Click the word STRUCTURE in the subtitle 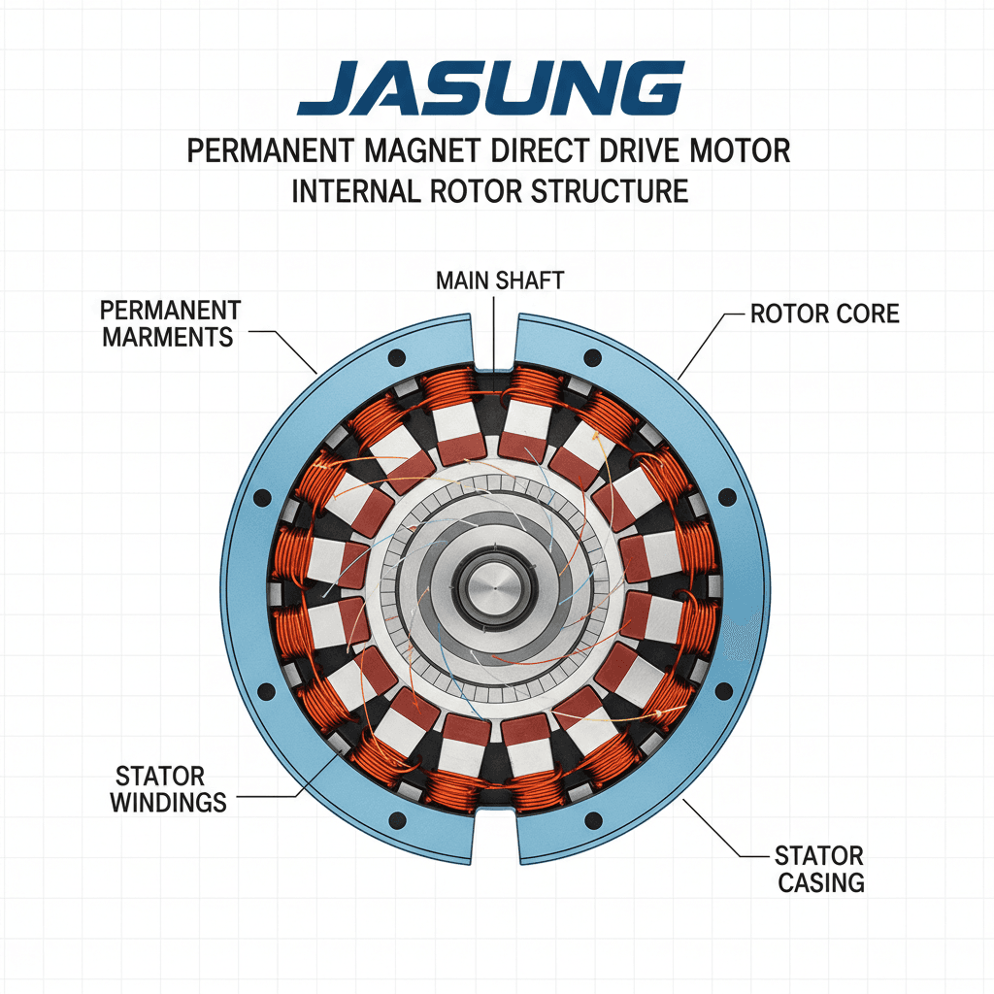[610, 190]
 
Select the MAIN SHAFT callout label [499, 281]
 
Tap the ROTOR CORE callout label [824, 314]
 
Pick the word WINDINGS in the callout [167, 802]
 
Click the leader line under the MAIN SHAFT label [495, 330]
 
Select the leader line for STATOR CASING [718, 830]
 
